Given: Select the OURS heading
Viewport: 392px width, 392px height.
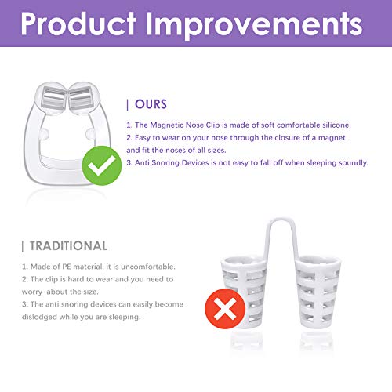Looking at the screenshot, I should click(151, 103).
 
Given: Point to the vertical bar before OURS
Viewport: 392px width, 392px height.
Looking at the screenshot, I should click(128, 103).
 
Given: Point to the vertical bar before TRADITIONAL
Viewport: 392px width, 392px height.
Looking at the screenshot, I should click(23, 246).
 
